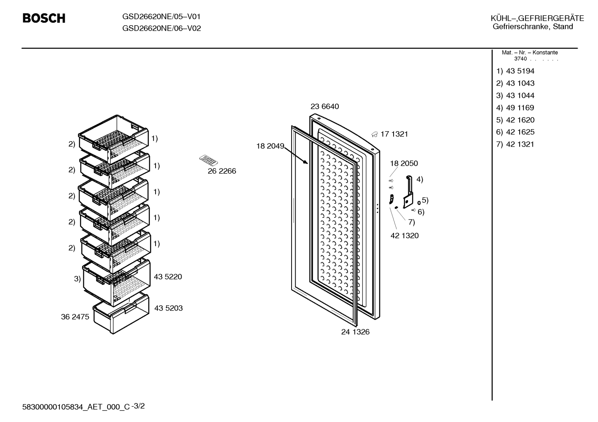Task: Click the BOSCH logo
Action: tap(44, 18)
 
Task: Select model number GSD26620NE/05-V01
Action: tap(161, 17)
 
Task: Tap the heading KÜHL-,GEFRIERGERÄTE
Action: tap(537, 18)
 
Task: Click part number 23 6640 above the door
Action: tap(325, 106)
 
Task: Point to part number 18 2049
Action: tap(270, 146)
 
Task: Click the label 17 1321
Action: tap(394, 134)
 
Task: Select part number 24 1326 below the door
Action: tap(355, 332)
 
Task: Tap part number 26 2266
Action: tap(222, 171)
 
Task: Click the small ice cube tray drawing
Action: tap(209, 160)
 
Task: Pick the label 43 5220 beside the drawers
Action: tap(168, 277)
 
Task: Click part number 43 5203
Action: tap(168, 308)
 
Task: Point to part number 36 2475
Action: tap(75, 317)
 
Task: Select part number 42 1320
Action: tap(404, 235)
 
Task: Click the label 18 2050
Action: tap(404, 163)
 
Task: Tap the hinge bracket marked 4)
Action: tap(408, 191)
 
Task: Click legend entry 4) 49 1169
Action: tap(515, 108)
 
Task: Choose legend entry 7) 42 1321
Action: tap(515, 144)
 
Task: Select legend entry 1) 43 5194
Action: tap(515, 71)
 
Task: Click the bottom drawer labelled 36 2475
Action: tap(121, 313)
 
